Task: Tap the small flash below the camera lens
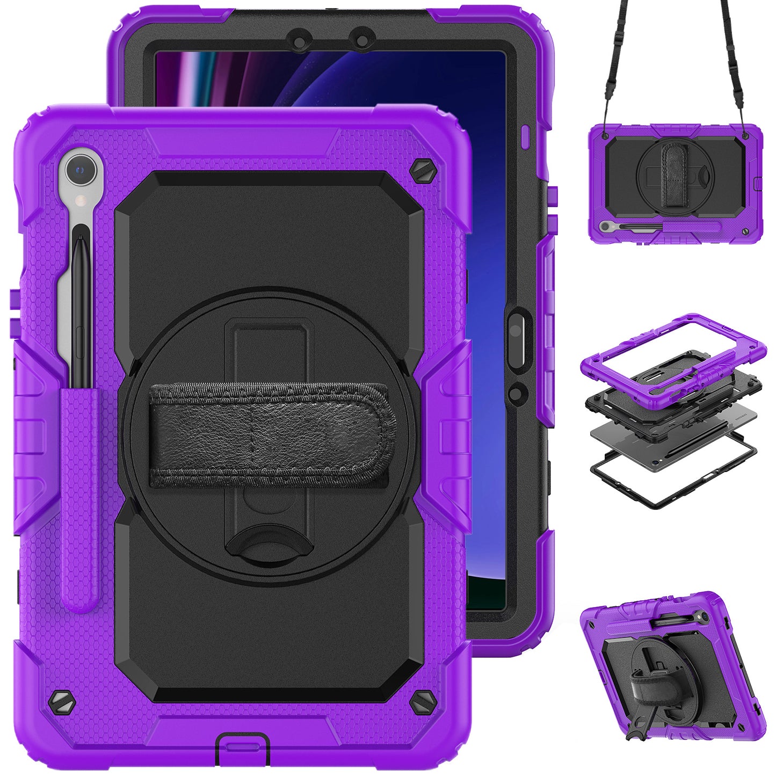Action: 81,201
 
